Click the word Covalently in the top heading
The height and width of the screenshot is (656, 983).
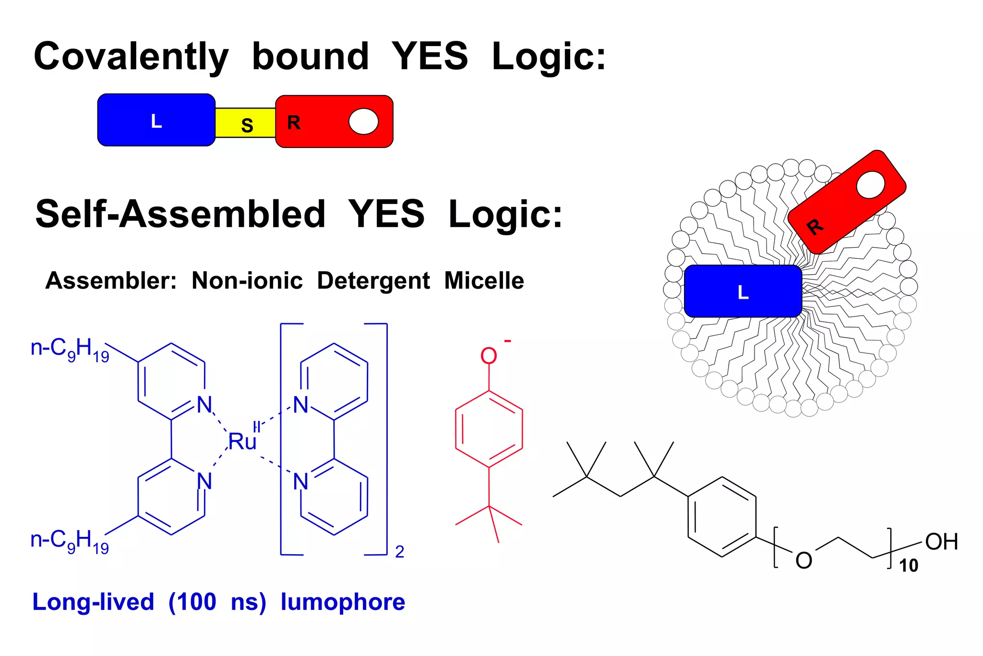point(131,57)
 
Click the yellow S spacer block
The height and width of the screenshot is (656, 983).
point(245,123)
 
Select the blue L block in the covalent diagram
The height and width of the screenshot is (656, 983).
point(156,120)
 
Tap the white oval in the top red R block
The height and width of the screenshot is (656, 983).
point(363,121)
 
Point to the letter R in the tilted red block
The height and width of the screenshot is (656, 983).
point(815,226)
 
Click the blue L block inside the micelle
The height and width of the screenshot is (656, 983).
point(743,291)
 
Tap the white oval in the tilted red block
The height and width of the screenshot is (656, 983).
point(870,185)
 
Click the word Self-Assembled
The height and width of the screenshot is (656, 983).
point(180,214)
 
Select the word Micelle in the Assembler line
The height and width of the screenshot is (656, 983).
point(484,280)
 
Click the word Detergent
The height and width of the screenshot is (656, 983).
point(373,281)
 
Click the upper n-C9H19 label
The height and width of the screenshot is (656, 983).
point(70,349)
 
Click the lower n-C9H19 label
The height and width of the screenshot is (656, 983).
point(70,541)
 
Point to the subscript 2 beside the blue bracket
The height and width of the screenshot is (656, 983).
point(399,552)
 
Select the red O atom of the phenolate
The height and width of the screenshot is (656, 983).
point(489,356)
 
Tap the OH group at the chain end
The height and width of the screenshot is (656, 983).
point(941,542)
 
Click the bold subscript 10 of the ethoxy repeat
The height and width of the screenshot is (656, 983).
point(908,566)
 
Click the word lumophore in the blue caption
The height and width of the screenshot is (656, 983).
point(343,602)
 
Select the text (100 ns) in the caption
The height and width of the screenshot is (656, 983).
point(217,602)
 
